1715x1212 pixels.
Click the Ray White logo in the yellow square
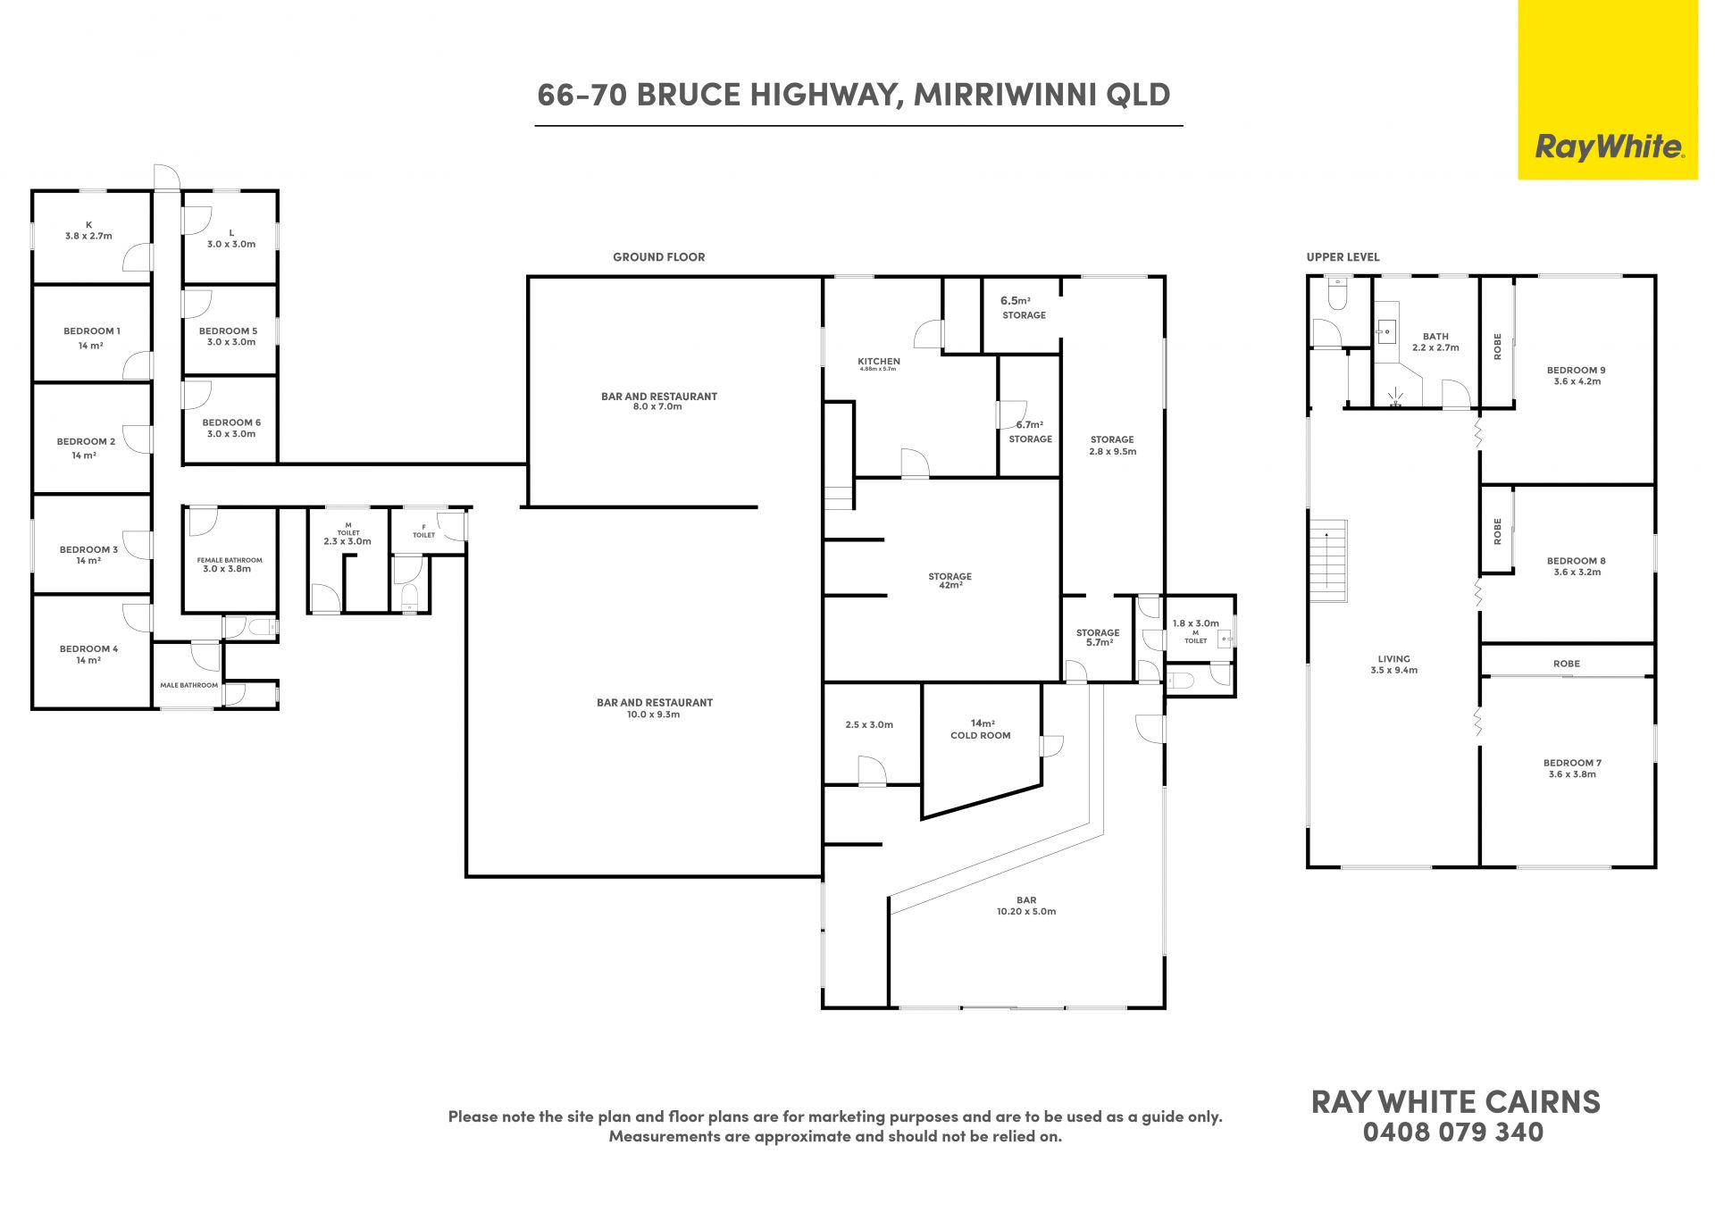1609,147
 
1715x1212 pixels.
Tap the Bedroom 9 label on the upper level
1577,375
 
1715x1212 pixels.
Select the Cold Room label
981,730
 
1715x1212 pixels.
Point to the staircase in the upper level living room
1327,561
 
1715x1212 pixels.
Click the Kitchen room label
879,364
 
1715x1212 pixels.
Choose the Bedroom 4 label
88,655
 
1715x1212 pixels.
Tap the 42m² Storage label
950,581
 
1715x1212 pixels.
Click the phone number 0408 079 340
1453,1133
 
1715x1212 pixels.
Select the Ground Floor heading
659,257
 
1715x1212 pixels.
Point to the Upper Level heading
1343,257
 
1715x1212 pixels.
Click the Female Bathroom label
230,564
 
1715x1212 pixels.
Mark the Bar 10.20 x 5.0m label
1026,906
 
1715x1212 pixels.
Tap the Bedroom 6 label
231,428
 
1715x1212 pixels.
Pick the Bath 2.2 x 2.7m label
1435,342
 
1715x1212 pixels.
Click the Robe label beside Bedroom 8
1498,531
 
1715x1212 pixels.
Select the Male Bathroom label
188,685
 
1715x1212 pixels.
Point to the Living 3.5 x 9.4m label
1393,665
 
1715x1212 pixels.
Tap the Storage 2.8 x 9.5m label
1112,445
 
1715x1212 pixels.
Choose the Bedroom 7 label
1572,768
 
